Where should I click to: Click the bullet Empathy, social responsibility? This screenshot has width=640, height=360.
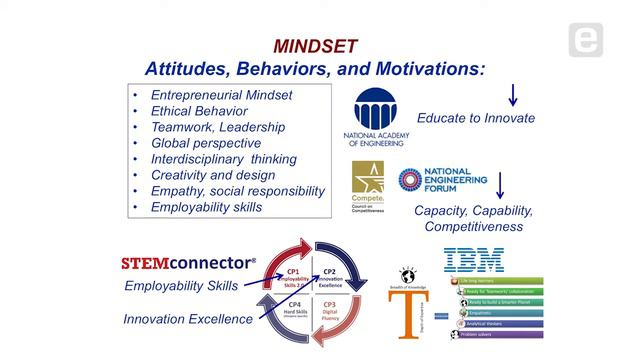pyautogui.click(x=238, y=191)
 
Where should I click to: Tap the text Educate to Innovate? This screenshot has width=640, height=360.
pyautogui.click(x=475, y=118)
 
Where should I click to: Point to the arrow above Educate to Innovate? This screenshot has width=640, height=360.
pyautogui.click(x=513, y=94)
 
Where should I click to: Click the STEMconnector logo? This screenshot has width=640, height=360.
pyautogui.click(x=188, y=264)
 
